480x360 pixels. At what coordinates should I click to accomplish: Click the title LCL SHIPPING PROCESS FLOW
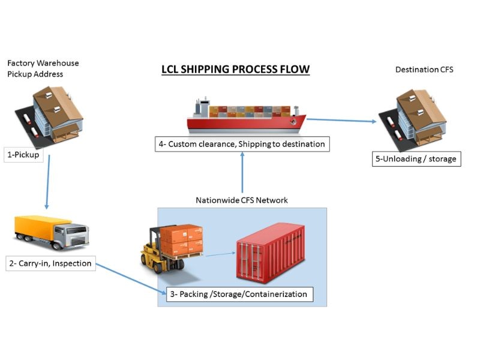(x=235, y=70)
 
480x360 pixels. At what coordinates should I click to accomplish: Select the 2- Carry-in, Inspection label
(x=50, y=263)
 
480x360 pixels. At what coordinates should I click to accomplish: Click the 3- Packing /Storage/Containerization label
(x=239, y=294)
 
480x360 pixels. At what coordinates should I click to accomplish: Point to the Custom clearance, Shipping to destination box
(x=241, y=144)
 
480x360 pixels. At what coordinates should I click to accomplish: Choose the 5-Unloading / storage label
(x=416, y=159)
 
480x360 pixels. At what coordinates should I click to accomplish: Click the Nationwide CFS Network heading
(x=241, y=200)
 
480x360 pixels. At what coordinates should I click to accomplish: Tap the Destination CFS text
(x=424, y=70)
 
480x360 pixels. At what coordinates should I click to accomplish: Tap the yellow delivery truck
(x=52, y=234)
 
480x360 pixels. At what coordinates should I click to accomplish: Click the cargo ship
(x=245, y=116)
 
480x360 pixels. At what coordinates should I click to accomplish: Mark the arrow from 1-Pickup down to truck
(x=47, y=183)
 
